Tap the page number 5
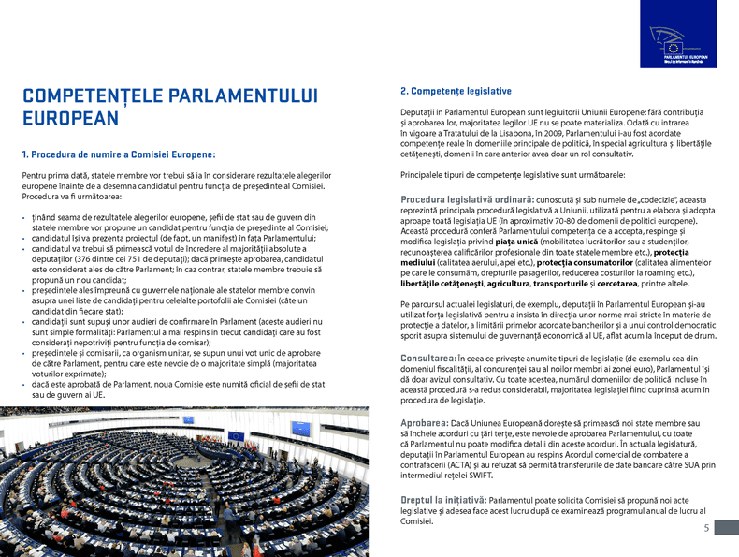click(x=706, y=529)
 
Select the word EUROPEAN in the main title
click(x=70, y=119)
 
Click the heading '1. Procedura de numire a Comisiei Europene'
click(x=119, y=154)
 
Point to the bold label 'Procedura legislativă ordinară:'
click(x=467, y=199)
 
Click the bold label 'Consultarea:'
click(x=427, y=359)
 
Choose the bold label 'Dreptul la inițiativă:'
click(x=442, y=501)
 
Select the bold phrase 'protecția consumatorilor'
click(x=581, y=263)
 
